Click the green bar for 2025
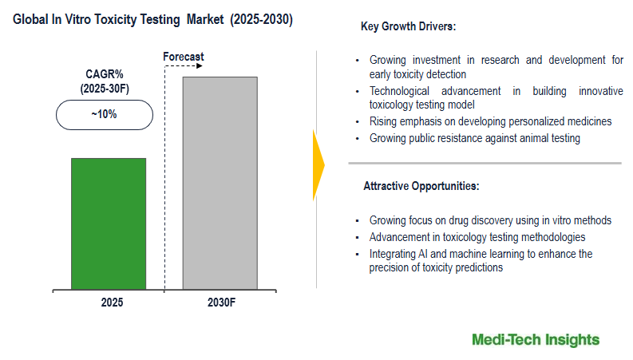(109, 224)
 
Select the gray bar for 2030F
(220, 183)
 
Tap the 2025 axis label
(112, 303)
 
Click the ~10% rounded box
(104, 114)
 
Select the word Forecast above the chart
(184, 57)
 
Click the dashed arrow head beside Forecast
(200, 69)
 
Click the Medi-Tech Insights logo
(535, 340)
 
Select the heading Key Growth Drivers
(408, 27)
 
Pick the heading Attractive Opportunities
(421, 186)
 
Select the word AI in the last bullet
(420, 254)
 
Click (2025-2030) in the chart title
(261, 19)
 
